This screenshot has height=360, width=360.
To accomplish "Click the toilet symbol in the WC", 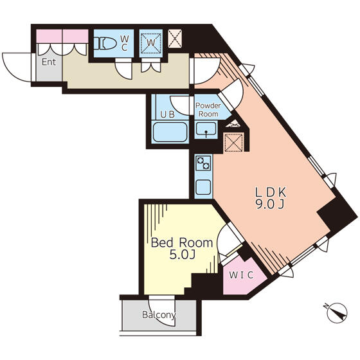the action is tap(105, 44).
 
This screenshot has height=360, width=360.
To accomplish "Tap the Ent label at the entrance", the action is tap(49, 62).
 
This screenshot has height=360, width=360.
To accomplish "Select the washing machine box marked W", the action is tap(151, 42).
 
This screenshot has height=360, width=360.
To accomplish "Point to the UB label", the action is tap(167, 114).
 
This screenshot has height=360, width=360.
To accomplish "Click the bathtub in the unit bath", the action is tap(170, 132).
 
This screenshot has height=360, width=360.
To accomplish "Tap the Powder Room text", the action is tap(208, 110).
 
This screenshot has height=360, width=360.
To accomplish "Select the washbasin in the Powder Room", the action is tap(206, 129).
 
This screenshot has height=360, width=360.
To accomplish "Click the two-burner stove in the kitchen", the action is tap(203, 163).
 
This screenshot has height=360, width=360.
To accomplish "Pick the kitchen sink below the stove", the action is tap(203, 187).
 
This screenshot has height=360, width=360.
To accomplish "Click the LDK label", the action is tap(271, 192).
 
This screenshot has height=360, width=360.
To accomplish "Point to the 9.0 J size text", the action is tap(270, 204).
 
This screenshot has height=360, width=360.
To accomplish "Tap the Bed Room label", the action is tap(182, 243).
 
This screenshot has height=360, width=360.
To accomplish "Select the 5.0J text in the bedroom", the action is tap(183, 255).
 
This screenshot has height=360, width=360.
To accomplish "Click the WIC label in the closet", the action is tap(241, 275).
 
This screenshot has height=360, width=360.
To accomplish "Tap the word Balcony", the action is tap(159, 315).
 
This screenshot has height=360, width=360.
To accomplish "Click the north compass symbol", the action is tap(336, 312).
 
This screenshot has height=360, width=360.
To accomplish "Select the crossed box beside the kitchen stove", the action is tap(234, 143).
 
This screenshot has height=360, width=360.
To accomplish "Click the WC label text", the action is tap(124, 44).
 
